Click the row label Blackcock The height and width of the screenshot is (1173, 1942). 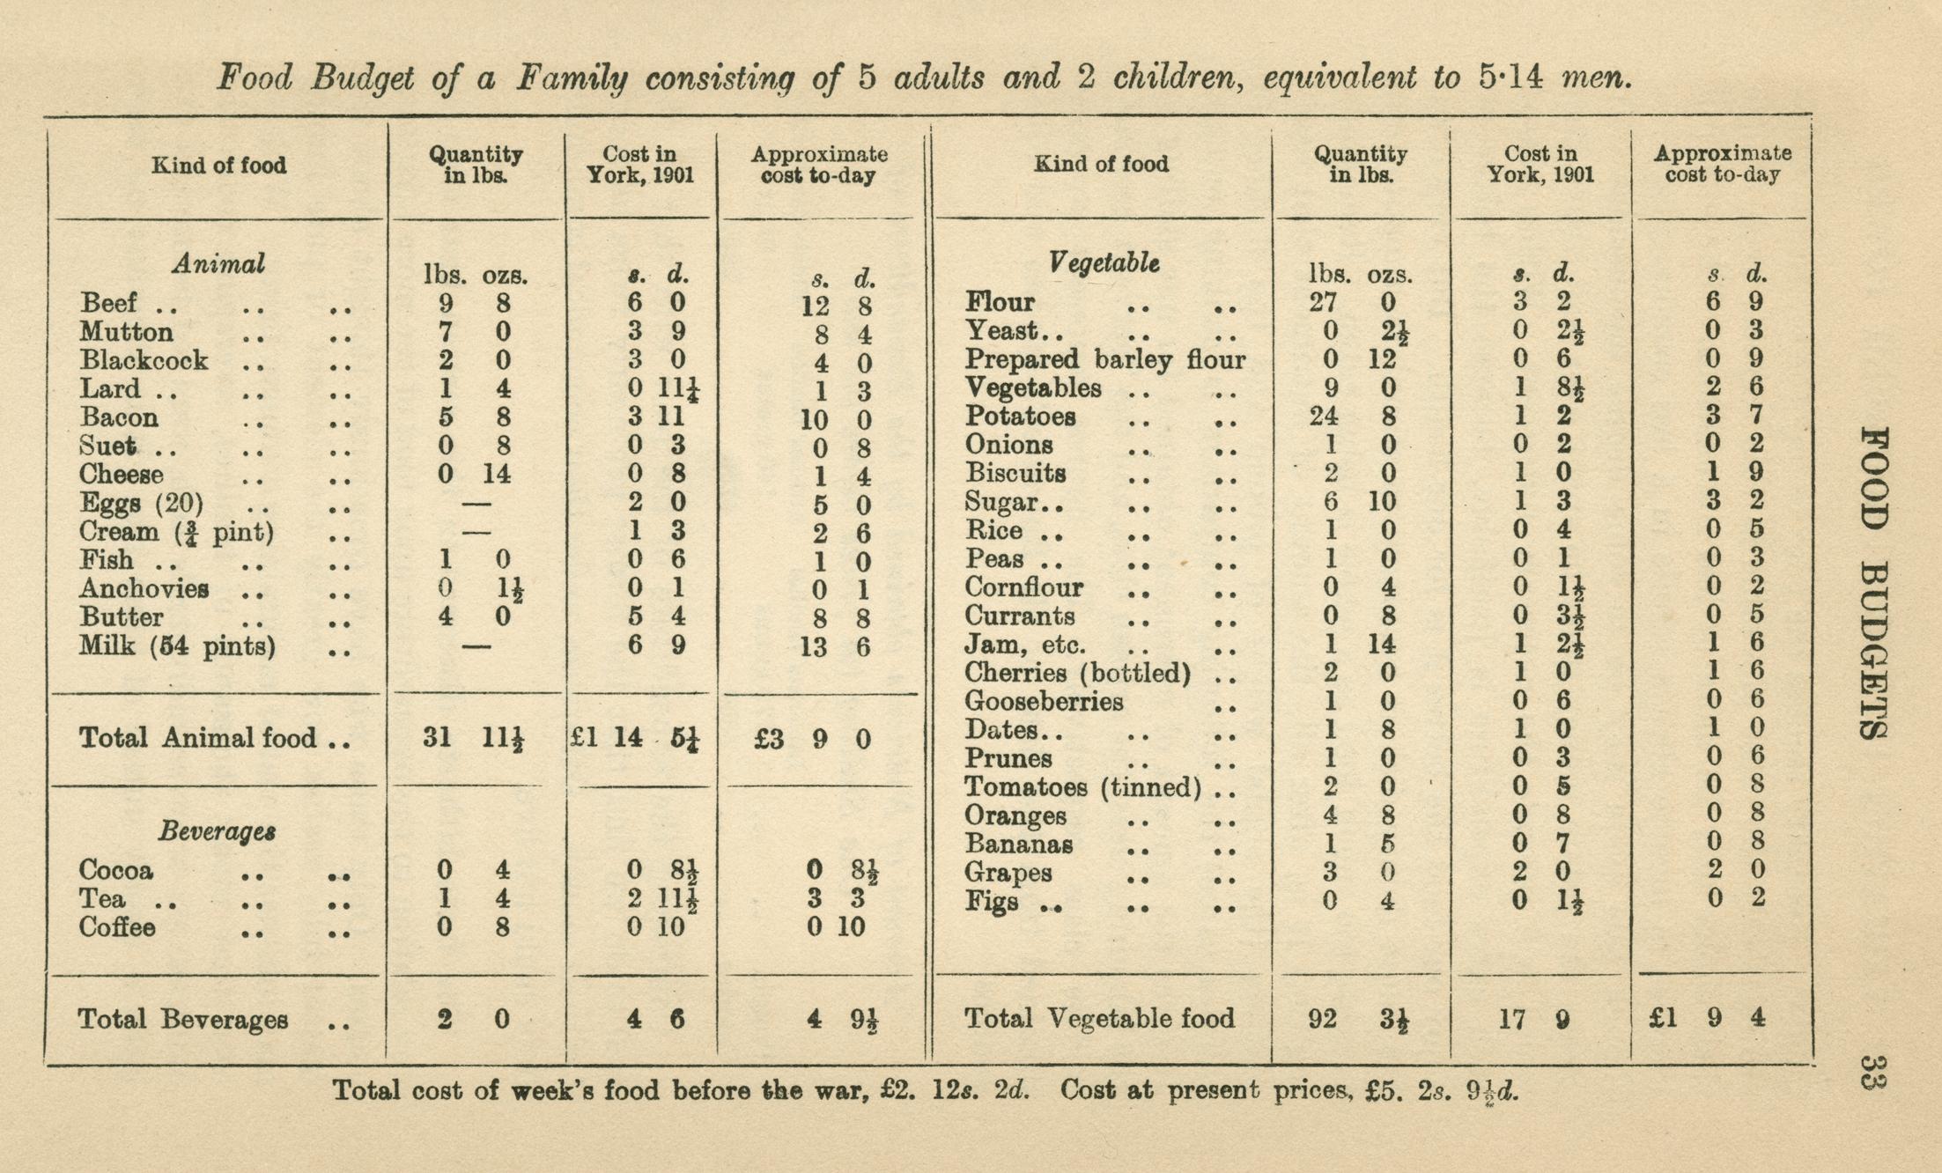click(x=144, y=361)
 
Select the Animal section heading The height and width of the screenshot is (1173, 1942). click(x=218, y=264)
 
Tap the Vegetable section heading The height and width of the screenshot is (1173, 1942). click(x=1104, y=262)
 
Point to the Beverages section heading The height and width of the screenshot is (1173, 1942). click(x=217, y=831)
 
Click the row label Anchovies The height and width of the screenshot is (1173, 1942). click(x=144, y=588)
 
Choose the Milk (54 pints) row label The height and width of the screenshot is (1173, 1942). click(x=177, y=646)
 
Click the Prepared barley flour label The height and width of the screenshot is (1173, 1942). click(x=1104, y=359)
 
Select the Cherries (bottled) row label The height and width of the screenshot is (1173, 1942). click(x=1077, y=674)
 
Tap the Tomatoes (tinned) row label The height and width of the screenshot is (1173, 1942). click(x=1082, y=787)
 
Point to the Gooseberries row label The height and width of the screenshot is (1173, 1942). click(x=1044, y=702)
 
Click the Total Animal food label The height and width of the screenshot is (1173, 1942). click(x=197, y=737)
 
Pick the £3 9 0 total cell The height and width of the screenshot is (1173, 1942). click(x=812, y=739)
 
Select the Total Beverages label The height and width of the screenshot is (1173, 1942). click(x=183, y=1020)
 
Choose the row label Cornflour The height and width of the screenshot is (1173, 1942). click(x=1023, y=587)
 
